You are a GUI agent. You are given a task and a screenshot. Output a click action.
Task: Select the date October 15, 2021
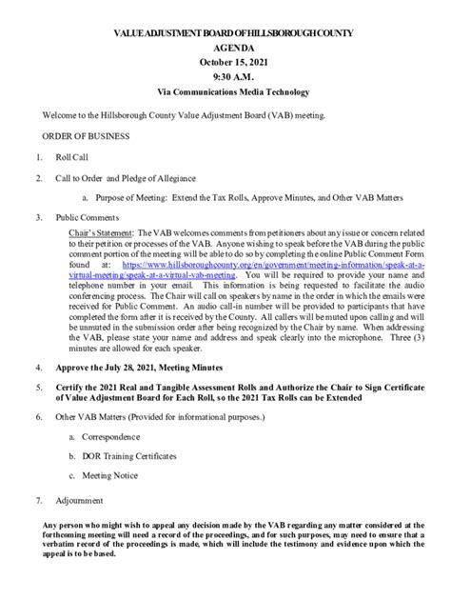(225, 71)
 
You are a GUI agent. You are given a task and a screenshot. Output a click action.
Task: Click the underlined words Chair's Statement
(104, 231)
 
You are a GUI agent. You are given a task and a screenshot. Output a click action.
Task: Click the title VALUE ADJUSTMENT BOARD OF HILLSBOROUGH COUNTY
(225, 34)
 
